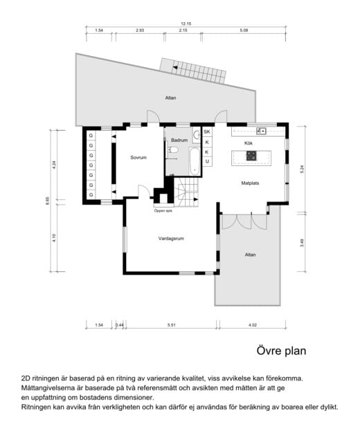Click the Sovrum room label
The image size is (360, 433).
coord(138,158)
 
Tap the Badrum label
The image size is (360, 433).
coord(179,140)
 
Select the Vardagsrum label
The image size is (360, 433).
coord(171,239)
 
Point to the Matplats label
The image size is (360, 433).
coord(250,183)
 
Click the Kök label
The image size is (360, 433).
coord(249,143)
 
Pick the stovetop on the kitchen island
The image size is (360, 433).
coord(251,156)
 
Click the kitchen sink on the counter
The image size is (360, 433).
coord(261,131)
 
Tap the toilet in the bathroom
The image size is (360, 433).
coord(172,150)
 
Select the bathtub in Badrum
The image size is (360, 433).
coord(195,161)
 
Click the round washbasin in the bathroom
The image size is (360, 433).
coord(197,135)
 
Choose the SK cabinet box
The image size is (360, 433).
coord(207,132)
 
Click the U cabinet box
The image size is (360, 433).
coord(207,162)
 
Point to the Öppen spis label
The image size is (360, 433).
coord(163,211)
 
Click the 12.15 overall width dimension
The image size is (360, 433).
coord(186,24)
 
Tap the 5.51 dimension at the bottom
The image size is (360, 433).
coord(172,325)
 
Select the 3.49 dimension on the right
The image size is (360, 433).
coord(302,243)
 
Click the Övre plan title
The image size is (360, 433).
coord(281,351)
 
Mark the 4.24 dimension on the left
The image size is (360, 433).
coord(54,165)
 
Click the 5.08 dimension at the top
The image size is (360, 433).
coord(244,30)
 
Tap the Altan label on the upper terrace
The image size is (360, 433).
coord(170,98)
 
